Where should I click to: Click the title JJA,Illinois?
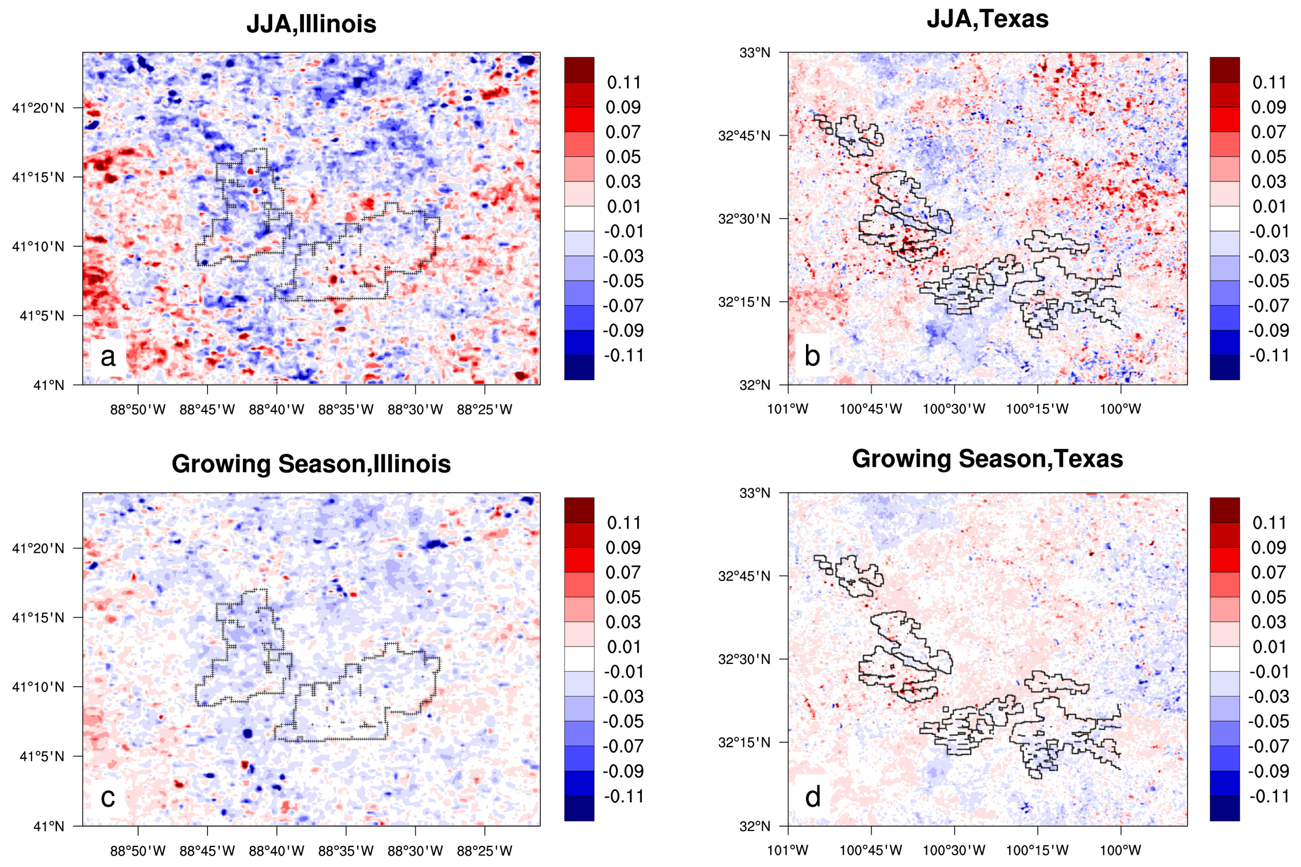point(311,24)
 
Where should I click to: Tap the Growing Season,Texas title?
point(987,459)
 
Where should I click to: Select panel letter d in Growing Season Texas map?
point(813,797)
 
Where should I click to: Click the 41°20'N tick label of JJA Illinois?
point(38,108)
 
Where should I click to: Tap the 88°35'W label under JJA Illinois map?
point(346,410)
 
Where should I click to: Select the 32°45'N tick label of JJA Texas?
point(744,135)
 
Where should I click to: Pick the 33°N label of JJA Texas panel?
point(755,52)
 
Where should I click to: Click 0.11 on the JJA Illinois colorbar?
point(623,83)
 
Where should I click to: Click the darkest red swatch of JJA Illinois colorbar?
point(579,70)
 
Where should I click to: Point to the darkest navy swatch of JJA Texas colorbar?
point(1224,367)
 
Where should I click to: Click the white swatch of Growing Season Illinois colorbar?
point(579,659)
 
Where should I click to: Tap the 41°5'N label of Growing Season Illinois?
point(42,756)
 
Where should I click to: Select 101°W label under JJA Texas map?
point(788,409)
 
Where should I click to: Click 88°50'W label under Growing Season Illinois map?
point(138,850)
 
